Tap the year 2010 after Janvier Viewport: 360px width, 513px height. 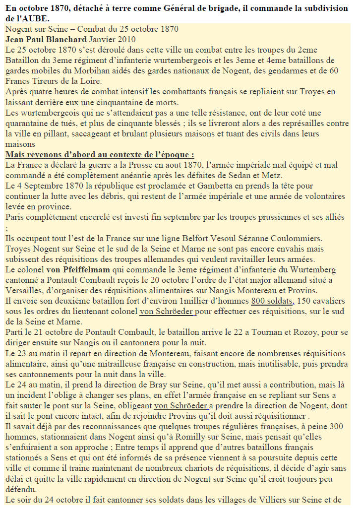coord(125,39)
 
